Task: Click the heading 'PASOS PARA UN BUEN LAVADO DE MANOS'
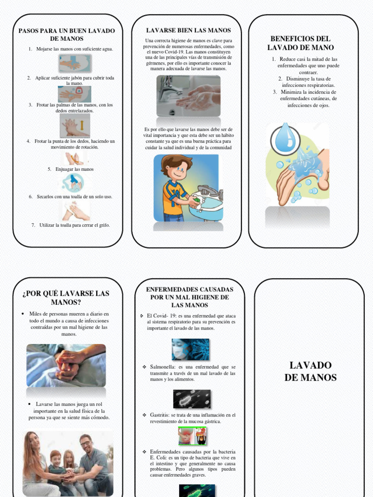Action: pos(67,34)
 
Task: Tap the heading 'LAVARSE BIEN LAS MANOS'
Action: pos(188,30)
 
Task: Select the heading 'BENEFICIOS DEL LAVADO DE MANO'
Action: pos(300,43)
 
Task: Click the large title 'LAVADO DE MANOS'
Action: pos(310,371)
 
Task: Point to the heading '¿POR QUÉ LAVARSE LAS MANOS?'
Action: pos(66,298)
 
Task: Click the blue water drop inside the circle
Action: pos(285,138)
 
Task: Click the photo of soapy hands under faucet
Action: pos(188,96)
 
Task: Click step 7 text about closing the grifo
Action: pos(74,225)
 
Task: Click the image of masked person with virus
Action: pos(190,349)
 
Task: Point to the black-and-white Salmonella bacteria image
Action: pos(192,398)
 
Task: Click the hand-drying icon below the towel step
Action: pos(75,211)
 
